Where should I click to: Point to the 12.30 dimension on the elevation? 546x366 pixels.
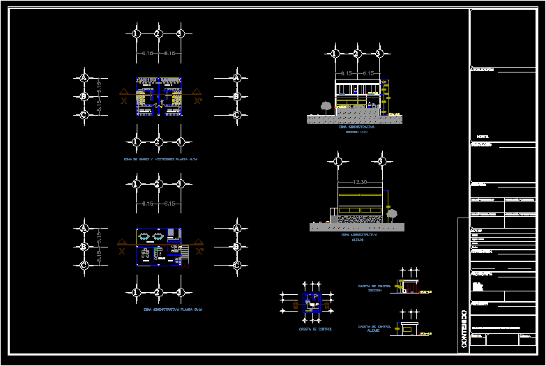tap(360, 182)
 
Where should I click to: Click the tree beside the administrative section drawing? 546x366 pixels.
tap(326, 106)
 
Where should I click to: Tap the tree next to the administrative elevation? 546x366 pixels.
tap(392, 214)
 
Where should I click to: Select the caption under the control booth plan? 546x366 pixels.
tap(315, 328)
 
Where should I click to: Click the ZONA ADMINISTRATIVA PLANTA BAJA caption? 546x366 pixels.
tap(172, 309)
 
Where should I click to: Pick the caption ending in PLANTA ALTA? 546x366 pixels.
tap(161, 159)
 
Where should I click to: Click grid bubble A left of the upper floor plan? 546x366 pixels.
tap(84, 78)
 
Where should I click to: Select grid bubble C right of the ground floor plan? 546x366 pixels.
tap(236, 265)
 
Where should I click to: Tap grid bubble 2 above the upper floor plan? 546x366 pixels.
tap(158, 33)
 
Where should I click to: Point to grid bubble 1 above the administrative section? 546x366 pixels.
tap(335, 54)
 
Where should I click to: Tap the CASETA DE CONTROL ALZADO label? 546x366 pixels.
tap(373, 328)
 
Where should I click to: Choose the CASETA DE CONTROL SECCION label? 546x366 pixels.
tap(374, 288)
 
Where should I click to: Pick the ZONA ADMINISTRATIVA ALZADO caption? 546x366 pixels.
tap(358, 237)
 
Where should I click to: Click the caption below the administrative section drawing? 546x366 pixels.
tap(357, 130)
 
